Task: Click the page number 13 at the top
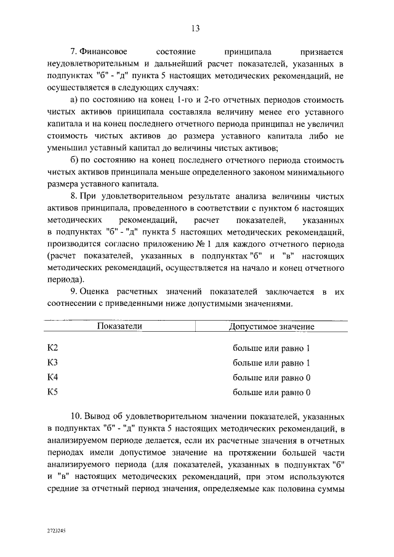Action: click(196, 28)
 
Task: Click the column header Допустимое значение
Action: click(271, 326)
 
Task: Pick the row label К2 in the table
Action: click(53, 348)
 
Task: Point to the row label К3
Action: click(53, 363)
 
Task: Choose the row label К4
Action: click(53, 377)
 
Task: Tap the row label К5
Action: click(53, 391)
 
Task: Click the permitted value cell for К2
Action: click(271, 348)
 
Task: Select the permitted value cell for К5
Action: click(271, 391)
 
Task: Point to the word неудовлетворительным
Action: click(93, 65)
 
